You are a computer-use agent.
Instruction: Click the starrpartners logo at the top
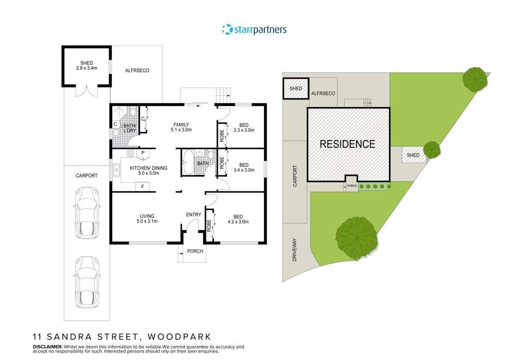coord(254,30)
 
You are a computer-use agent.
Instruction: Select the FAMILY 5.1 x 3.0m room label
coord(181,127)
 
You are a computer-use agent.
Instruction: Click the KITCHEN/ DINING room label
coord(148,170)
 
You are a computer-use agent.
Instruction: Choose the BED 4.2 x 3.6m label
coord(238,219)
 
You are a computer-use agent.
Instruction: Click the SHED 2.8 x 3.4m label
coord(86,66)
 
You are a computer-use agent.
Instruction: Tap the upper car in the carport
coord(86,213)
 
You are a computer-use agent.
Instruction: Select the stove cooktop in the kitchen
coord(130,153)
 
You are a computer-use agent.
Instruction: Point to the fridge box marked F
coord(142,187)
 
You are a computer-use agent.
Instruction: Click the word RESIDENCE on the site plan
coord(347,144)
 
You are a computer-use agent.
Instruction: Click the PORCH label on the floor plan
coord(195,251)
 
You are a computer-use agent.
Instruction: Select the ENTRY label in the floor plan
coord(193,215)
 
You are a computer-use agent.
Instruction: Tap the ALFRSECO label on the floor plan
coord(137,70)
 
